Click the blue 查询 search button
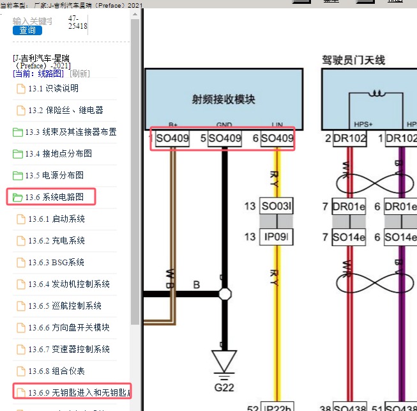point(27,30)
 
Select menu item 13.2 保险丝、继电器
point(65,110)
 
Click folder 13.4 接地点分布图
point(58,153)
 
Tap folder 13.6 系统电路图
point(54,197)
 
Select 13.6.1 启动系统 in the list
point(56,219)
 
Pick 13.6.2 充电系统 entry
point(56,240)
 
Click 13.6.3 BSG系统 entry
point(56,262)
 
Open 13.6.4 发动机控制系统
point(69,284)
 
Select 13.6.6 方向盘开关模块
point(69,327)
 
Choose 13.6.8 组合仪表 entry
point(56,371)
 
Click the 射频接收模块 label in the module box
point(224,99)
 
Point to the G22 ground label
point(224,387)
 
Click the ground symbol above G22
point(224,361)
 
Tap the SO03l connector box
point(277,206)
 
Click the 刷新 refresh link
point(80,74)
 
